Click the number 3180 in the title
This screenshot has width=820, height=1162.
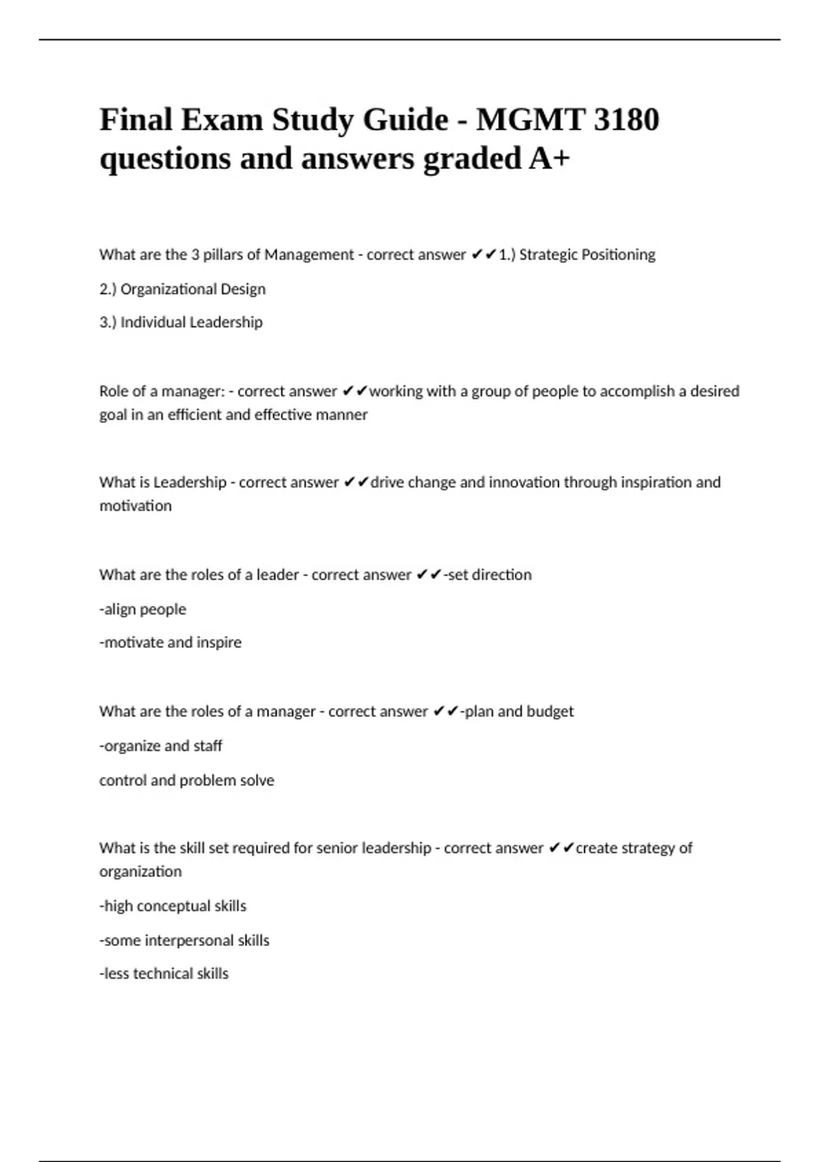click(626, 120)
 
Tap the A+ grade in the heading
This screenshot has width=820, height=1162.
click(549, 159)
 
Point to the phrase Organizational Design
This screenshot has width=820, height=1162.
click(193, 289)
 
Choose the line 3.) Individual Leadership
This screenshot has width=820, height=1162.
click(181, 323)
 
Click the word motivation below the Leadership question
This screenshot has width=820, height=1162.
click(135, 506)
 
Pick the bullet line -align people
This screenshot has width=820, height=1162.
click(143, 609)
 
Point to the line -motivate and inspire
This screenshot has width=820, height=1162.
click(170, 643)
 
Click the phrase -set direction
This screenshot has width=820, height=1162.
click(488, 575)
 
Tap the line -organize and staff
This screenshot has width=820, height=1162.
click(161, 746)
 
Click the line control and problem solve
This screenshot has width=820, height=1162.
click(187, 781)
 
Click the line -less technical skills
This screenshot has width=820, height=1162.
click(164, 974)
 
